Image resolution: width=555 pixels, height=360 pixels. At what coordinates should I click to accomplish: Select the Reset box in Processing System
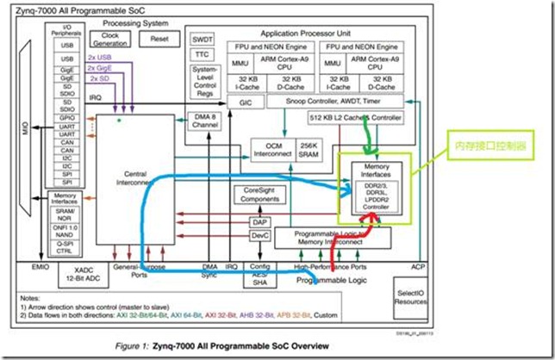click(159, 40)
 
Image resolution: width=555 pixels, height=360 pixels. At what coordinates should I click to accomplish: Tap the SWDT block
click(202, 39)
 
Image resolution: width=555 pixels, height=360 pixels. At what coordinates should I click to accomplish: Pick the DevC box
click(259, 235)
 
